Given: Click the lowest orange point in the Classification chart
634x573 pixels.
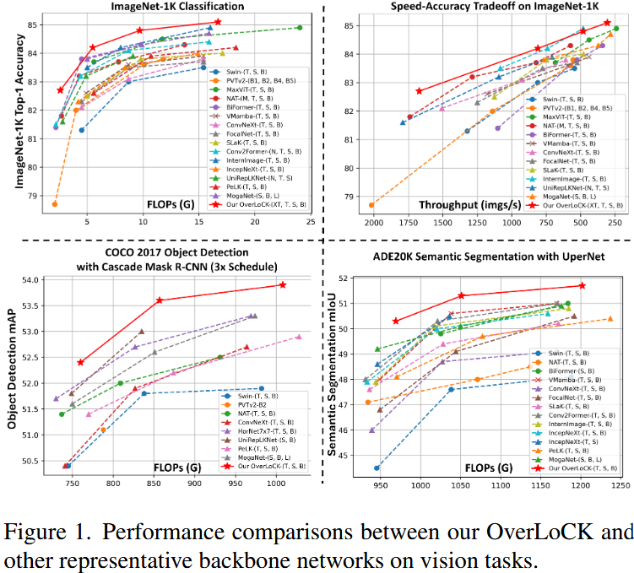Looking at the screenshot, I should pos(55,204).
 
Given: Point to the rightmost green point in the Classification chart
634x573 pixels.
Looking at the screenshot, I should pos(300,27).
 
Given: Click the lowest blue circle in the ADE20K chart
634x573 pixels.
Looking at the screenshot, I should pos(377,468).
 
